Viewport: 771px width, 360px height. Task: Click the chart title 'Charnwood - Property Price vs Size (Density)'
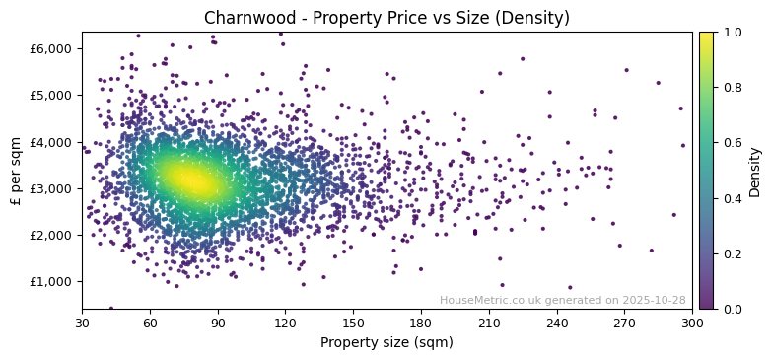tap(386, 18)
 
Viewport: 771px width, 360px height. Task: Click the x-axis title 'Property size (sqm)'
tap(386, 343)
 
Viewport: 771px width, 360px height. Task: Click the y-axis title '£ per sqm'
tap(17, 171)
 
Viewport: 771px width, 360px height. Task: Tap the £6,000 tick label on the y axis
tap(51, 49)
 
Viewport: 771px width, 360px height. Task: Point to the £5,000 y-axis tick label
tap(51, 96)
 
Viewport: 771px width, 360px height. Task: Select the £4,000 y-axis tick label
tap(51, 142)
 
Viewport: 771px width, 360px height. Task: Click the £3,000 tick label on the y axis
tap(51, 188)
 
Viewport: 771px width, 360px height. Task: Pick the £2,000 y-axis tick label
tap(51, 235)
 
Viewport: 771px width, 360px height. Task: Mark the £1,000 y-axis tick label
tap(51, 281)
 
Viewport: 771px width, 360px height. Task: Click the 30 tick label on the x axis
tap(82, 323)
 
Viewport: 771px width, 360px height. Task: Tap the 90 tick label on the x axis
tap(218, 323)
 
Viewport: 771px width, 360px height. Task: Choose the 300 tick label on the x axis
tap(692, 323)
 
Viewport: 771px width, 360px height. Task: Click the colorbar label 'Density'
tap(755, 171)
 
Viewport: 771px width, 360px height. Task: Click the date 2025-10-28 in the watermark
tap(656, 301)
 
